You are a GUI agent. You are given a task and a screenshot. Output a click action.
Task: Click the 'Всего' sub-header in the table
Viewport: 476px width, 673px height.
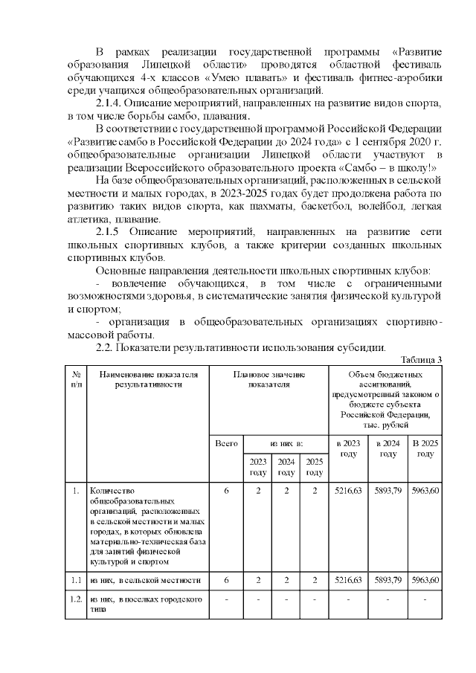click(x=225, y=443)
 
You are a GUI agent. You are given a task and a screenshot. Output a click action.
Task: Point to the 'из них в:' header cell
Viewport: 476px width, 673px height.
click(x=286, y=443)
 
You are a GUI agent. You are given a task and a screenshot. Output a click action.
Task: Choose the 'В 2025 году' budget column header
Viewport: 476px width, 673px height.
click(x=425, y=448)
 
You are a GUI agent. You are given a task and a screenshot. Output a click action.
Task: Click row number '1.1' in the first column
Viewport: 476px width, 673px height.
click(x=76, y=580)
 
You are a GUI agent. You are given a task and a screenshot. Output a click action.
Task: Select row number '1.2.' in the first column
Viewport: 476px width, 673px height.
click(x=77, y=599)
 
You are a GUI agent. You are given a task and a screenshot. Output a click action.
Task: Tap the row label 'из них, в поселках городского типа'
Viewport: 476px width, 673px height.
click(x=146, y=604)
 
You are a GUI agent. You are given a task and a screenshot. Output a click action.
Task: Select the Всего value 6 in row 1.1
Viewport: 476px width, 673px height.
click(x=225, y=580)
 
